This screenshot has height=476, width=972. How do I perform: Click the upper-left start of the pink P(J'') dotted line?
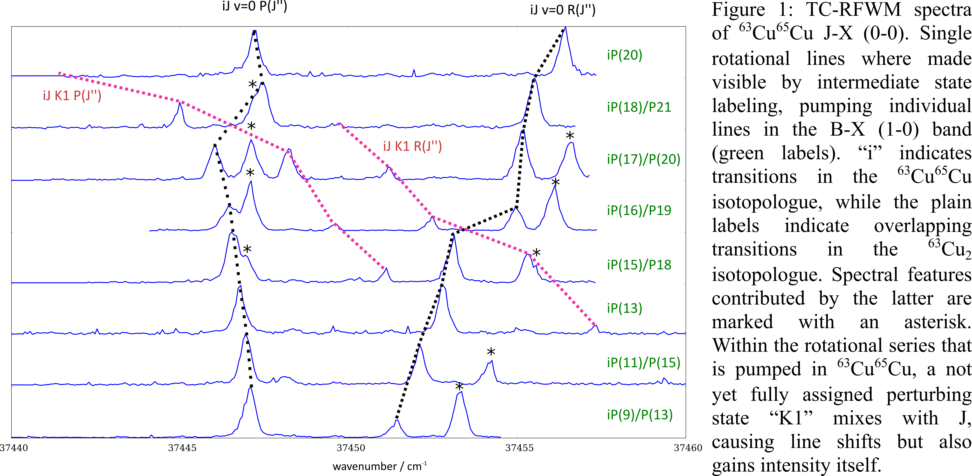(x=59, y=73)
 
